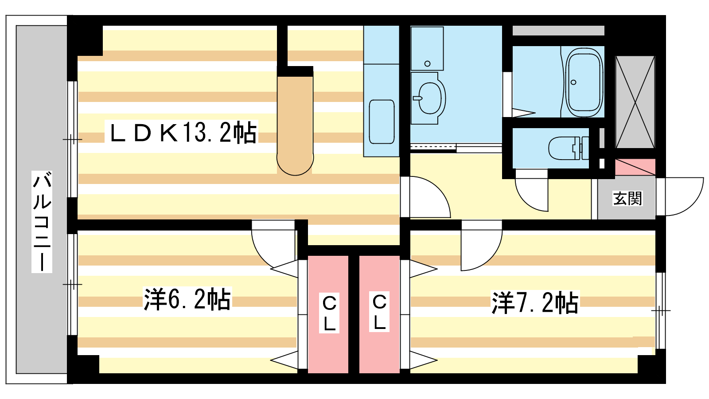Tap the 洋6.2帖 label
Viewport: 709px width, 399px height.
point(187,299)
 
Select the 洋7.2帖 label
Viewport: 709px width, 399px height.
point(535,302)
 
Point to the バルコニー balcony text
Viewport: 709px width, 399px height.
point(42,222)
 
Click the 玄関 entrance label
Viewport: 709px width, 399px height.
point(627,199)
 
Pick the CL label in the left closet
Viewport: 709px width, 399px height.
point(329,313)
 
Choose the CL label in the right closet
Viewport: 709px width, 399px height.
point(379,312)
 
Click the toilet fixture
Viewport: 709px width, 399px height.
point(569,148)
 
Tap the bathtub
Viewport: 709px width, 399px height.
point(584,82)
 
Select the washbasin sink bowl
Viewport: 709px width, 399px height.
point(429,98)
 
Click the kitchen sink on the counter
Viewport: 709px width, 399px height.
point(382,122)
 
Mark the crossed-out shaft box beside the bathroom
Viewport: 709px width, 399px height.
point(635,102)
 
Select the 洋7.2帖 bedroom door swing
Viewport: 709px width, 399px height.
point(481,250)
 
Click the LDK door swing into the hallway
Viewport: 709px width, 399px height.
point(429,197)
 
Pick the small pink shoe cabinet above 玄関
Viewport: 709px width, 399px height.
point(635,167)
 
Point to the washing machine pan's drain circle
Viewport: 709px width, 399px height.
point(427,64)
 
